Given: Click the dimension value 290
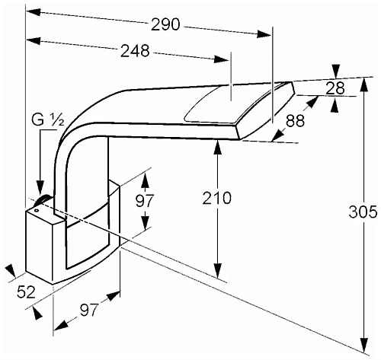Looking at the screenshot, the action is pos(165,24).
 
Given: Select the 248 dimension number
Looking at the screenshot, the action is pos(135,51).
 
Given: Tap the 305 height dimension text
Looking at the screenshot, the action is pos(363,212).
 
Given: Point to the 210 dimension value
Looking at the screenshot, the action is pos(217,198).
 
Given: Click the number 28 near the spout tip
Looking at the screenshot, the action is pos(335,88).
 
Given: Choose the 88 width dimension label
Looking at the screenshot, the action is pos(295,121).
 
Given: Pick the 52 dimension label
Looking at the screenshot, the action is pos(26,292).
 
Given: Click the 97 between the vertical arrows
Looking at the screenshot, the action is pos(145,201).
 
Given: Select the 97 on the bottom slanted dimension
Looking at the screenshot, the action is pos(89,310).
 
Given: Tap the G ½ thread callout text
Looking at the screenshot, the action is pos(47,120).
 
